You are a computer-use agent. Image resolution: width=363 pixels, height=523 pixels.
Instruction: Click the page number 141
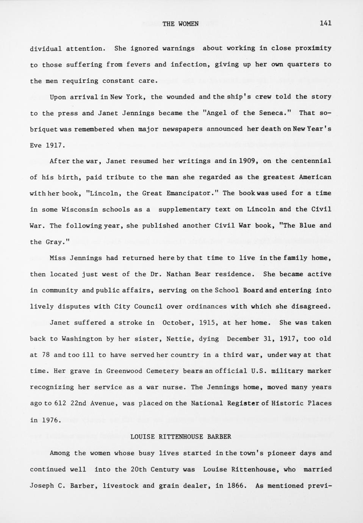[x=325, y=23]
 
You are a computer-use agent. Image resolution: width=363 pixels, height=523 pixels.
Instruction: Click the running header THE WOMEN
[x=180, y=24]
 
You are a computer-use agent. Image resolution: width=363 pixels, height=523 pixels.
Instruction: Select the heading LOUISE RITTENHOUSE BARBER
[x=181, y=437]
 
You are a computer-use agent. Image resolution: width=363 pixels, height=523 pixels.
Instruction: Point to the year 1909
[x=249, y=161]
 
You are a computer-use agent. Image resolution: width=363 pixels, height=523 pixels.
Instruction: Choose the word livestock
[x=120, y=485]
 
